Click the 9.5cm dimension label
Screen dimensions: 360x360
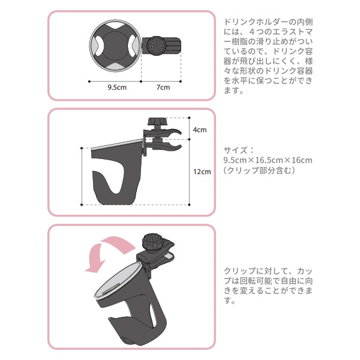[x=117, y=87]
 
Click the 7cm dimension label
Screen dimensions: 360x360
[x=163, y=87]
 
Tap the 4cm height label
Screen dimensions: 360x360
[x=199, y=129]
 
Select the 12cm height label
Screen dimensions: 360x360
[x=202, y=172]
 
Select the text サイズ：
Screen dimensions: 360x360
[x=236, y=150]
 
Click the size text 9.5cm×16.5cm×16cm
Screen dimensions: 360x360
[x=267, y=160]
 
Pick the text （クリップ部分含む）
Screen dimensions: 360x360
[x=258, y=171]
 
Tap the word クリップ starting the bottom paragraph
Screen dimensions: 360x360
[x=236, y=270]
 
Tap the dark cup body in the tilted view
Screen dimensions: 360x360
[x=138, y=312]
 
